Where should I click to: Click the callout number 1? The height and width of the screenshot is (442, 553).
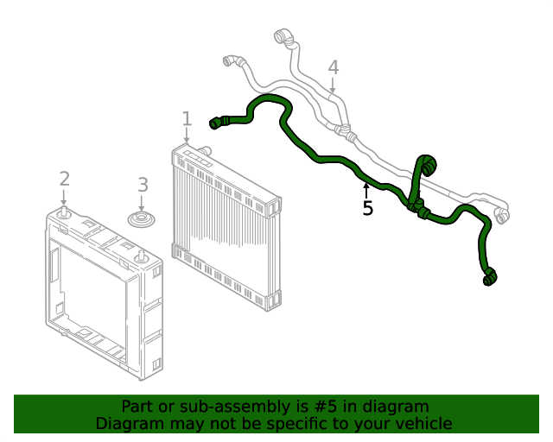(x=187, y=118)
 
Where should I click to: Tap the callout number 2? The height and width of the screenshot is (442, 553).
(x=64, y=179)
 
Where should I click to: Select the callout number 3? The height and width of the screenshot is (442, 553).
(x=143, y=185)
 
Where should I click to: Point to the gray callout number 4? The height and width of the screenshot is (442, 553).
(x=333, y=67)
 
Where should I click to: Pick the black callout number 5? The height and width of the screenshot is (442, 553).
(x=367, y=209)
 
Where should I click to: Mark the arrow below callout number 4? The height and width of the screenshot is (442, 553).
(x=333, y=86)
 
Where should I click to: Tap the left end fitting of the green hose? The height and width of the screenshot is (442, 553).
(x=217, y=123)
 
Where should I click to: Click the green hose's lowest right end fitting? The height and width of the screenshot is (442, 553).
(x=490, y=277)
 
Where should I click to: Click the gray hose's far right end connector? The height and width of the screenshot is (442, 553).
(x=501, y=211)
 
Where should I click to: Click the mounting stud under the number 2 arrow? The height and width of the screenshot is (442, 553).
(x=66, y=211)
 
